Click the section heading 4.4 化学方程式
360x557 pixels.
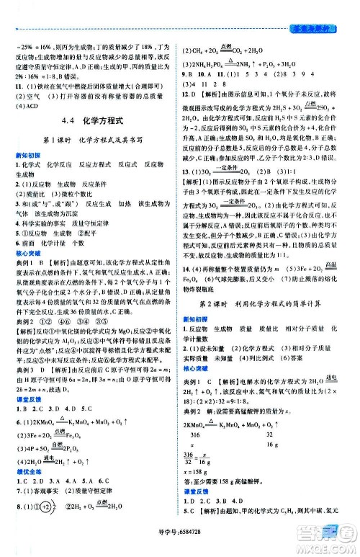(x=95, y=122)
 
